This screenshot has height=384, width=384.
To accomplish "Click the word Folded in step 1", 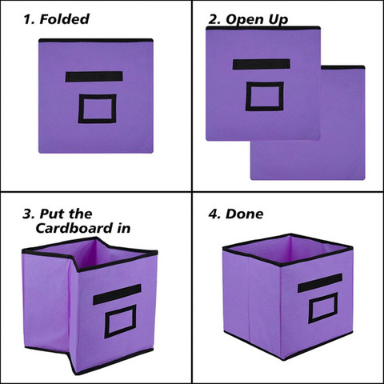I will pyautogui.click(x=63, y=19).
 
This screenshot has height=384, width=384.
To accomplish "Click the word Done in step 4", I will pyautogui.click(x=246, y=214).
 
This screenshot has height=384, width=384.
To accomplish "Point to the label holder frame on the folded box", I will pyautogui.click(x=97, y=108).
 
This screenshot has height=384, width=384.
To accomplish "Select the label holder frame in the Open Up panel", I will pyautogui.click(x=263, y=96).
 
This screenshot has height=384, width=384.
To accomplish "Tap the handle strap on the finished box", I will pyautogui.click(x=320, y=282).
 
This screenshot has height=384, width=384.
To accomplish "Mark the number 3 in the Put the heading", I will pyautogui.click(x=27, y=214).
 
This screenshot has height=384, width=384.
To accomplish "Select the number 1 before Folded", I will pyautogui.click(x=27, y=19).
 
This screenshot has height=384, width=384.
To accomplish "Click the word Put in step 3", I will pyautogui.click(x=53, y=214).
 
